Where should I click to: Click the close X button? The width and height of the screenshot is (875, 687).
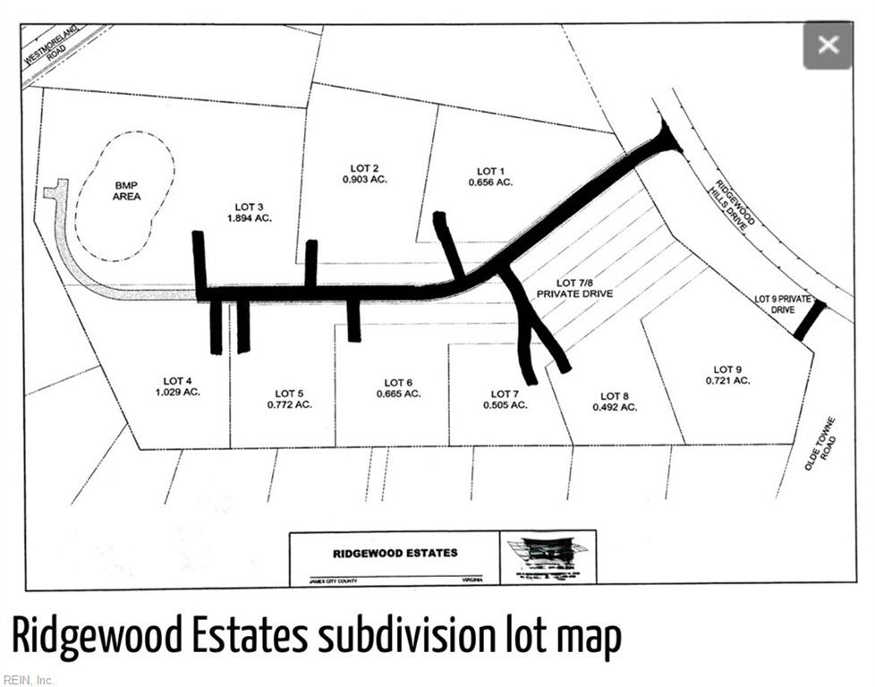(x=828, y=45)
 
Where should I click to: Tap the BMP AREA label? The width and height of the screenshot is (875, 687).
(x=126, y=190)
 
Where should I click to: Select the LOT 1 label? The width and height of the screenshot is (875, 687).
(x=489, y=171)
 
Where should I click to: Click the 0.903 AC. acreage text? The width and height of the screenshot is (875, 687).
(x=364, y=180)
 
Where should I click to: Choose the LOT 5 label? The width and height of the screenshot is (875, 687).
(x=290, y=394)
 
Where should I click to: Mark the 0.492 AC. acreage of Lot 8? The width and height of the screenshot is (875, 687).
(x=615, y=407)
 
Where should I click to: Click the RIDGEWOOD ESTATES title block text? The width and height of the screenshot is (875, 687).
(x=395, y=553)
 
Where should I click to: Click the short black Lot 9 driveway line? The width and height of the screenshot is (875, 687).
(x=810, y=320)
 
